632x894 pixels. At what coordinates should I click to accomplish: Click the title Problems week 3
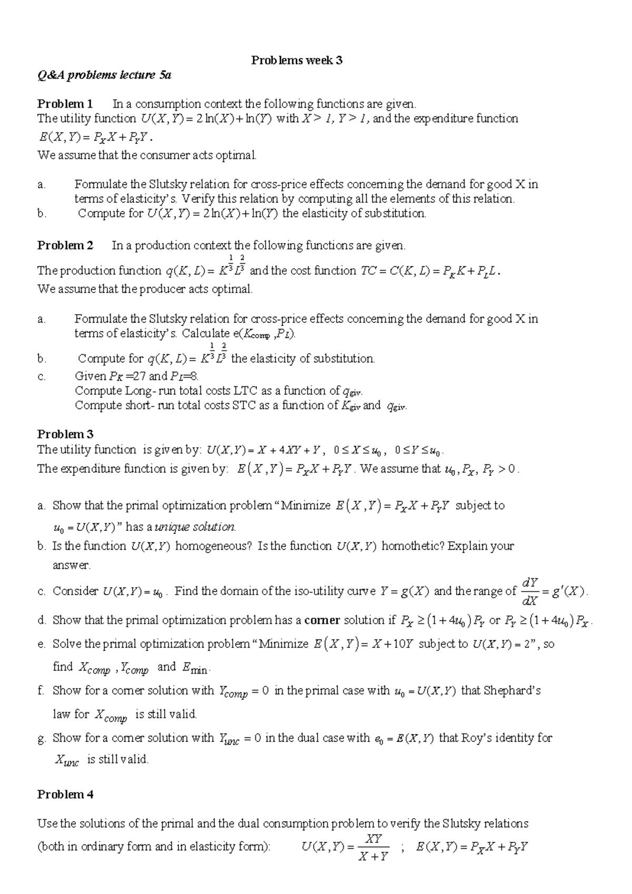297,60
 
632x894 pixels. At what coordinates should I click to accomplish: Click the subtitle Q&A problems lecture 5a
104,75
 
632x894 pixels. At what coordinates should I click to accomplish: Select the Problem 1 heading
65,104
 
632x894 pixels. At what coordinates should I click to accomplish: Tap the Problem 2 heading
65,246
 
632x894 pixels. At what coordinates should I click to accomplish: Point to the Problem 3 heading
65,434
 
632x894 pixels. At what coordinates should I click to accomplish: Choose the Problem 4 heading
65,794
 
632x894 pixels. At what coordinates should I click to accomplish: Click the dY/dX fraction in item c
529,591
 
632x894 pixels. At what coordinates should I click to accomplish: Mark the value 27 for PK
139,376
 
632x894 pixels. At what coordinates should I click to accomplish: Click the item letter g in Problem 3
42,738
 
